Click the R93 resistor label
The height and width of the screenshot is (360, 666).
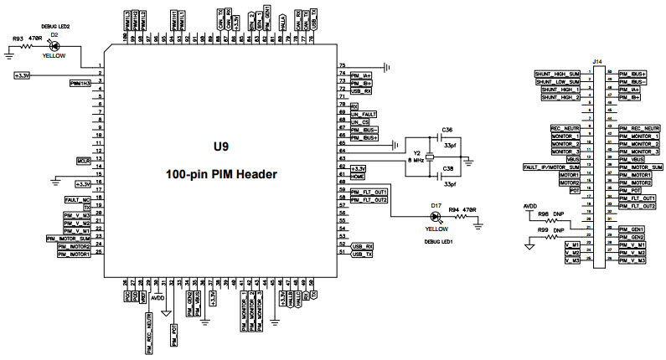coord(18,39)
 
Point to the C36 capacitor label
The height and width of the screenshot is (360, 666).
coord(447,130)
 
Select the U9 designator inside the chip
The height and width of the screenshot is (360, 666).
coord(220,146)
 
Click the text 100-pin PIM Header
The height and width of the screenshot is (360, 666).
coord(220,174)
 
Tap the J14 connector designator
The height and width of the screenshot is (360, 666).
coord(596,62)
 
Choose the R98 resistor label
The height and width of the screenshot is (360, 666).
coord(544,214)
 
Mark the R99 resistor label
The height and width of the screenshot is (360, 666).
coord(544,228)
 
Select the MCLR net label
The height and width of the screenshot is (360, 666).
coord(83,159)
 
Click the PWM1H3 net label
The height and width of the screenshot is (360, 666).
coord(81,83)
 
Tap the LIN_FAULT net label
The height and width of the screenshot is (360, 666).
coord(364,114)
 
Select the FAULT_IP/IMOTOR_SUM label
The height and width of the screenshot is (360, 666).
coord(551,167)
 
